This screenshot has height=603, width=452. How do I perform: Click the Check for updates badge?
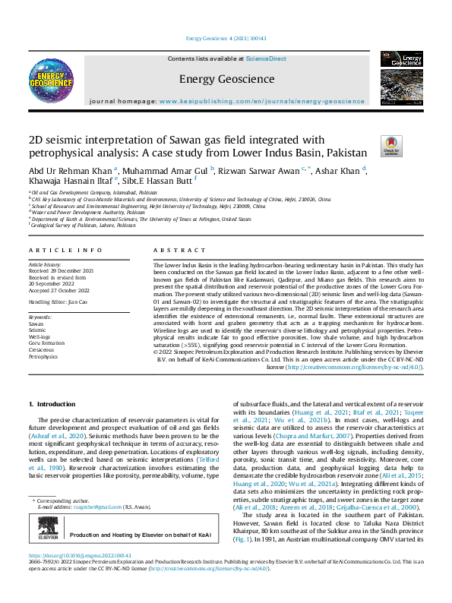pos(390,145)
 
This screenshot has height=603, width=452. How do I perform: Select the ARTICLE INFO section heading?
pos(65,250)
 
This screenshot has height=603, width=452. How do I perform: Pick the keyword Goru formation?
pos(46,342)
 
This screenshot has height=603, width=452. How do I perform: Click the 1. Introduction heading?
pos(52,405)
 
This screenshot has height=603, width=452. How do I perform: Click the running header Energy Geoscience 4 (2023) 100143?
pos(226,38)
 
